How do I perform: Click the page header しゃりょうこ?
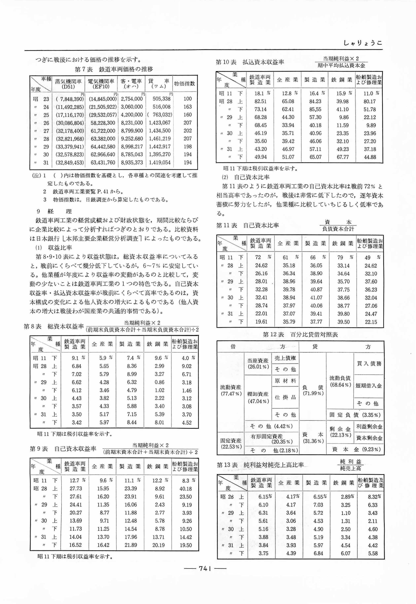pos(362,43)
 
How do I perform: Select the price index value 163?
pos(187,107)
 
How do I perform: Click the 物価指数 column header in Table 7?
pos(184,84)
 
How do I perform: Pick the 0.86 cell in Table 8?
pos(159,382)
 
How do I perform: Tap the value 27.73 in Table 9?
pos(76,488)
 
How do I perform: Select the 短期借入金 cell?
pos(368,386)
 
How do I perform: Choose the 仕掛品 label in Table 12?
pos(285,397)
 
